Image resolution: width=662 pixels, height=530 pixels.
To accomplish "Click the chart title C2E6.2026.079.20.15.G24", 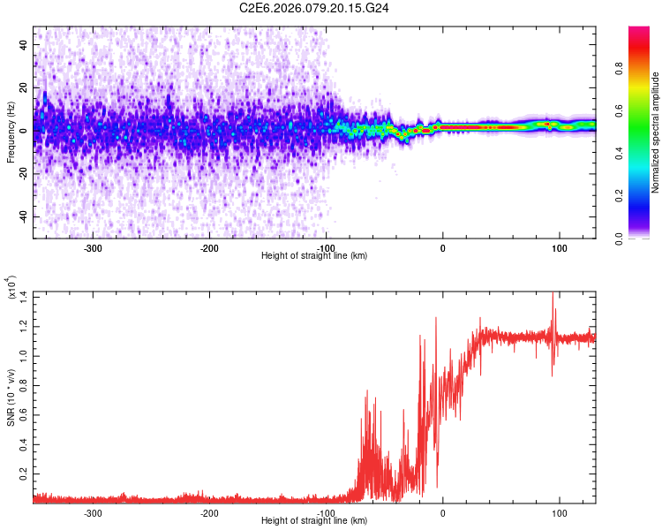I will point(327,8).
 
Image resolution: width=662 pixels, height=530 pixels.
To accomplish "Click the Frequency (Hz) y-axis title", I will point(10,132).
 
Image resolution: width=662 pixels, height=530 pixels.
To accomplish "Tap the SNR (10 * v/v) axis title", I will point(11,397).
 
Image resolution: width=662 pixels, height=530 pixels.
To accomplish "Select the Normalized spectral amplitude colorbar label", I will point(656,132).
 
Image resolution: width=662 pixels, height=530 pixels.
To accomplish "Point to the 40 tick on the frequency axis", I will point(24,43).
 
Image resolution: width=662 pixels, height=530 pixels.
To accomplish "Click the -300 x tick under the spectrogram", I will point(93,248).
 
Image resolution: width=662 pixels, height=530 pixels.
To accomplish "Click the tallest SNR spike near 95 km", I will point(553,294).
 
